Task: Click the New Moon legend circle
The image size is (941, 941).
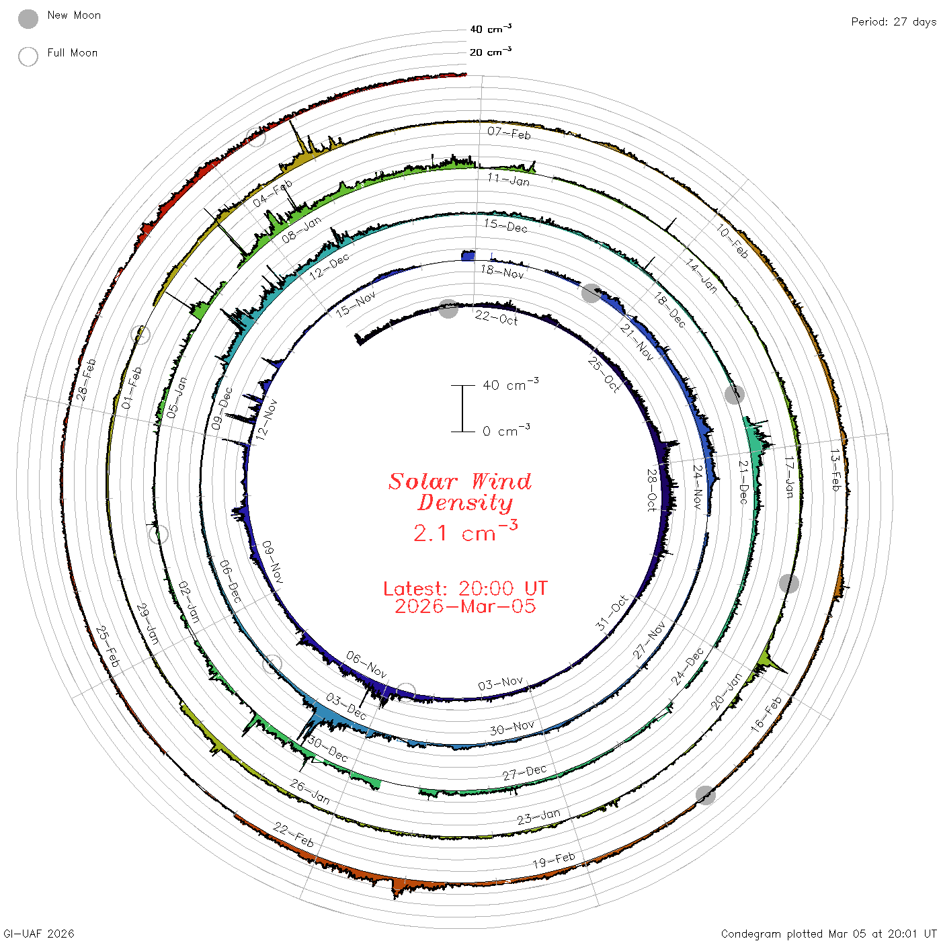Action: click(x=28, y=19)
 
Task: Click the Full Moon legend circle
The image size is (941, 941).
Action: click(x=28, y=56)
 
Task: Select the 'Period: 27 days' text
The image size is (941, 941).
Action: click(x=893, y=22)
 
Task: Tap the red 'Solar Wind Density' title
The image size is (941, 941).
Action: click(x=460, y=492)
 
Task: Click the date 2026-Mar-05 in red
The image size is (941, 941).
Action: click(x=465, y=606)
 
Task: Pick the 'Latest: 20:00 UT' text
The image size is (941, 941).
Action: click(x=465, y=588)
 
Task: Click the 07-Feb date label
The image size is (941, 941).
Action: click(x=509, y=133)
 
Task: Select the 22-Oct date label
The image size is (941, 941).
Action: click(x=496, y=318)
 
